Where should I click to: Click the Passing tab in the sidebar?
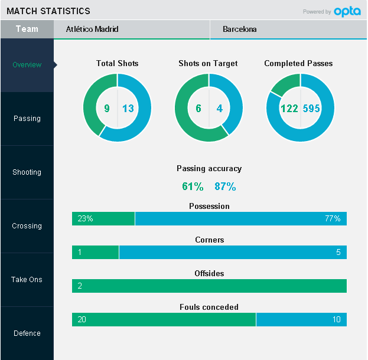click(x=27, y=119)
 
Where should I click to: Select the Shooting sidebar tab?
click(x=27, y=172)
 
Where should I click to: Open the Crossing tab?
click(x=27, y=226)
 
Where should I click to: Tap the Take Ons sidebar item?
click(x=27, y=280)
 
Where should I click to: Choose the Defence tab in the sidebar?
click(x=27, y=333)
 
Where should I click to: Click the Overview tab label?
click(x=27, y=65)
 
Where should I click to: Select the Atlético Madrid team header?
click(x=92, y=29)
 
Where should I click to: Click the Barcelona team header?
click(x=240, y=29)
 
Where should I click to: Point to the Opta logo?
click(x=347, y=11)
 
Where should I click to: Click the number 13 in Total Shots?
click(x=128, y=109)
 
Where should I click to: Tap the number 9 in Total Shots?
click(x=107, y=109)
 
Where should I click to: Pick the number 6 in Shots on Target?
click(x=198, y=109)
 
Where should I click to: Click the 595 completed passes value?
click(x=312, y=109)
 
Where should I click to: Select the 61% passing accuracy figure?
click(x=193, y=186)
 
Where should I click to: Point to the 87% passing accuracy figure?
click(x=225, y=186)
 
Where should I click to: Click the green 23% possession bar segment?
click(x=103, y=219)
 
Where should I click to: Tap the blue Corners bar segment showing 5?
click(x=233, y=253)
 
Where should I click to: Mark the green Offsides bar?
click(x=209, y=286)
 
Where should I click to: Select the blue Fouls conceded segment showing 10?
click(x=301, y=320)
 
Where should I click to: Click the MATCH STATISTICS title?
click(x=48, y=11)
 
